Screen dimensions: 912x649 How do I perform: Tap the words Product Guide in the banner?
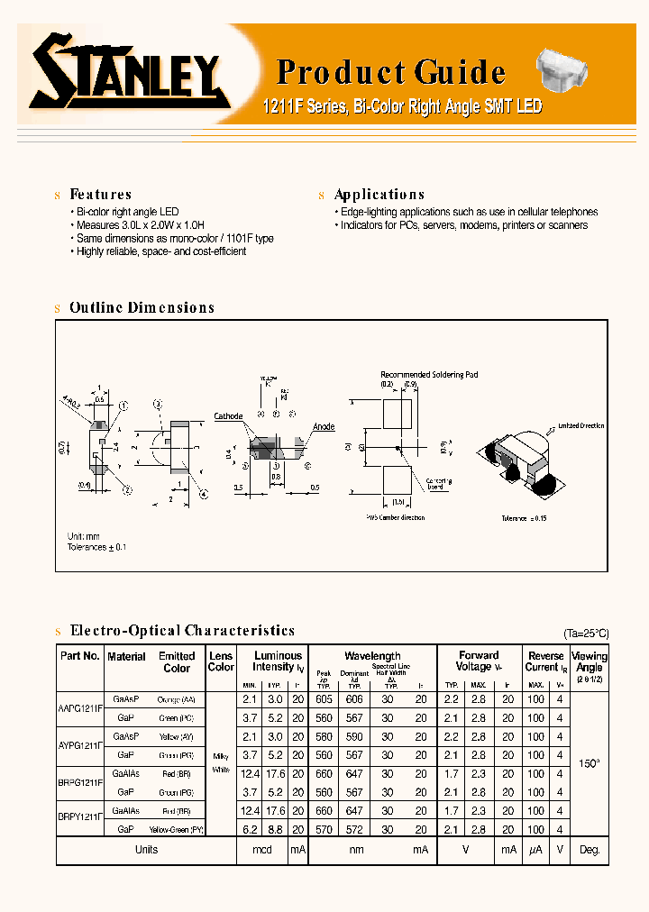390,72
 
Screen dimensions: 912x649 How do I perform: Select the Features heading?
100,195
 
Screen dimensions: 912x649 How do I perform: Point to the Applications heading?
379,195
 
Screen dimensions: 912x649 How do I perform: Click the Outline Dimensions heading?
142,308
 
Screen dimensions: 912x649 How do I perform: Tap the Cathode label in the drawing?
228,416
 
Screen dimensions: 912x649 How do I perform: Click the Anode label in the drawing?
324,426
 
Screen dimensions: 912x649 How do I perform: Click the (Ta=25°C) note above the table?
586,634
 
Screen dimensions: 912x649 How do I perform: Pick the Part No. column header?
80,657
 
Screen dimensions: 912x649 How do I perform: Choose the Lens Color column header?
221,661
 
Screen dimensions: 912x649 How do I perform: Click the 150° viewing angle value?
589,763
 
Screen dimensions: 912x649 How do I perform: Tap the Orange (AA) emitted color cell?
176,699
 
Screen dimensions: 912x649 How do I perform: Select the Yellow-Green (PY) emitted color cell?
176,828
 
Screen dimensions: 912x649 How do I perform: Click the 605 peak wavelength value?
324,699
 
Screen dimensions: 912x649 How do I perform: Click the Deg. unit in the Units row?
589,850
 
